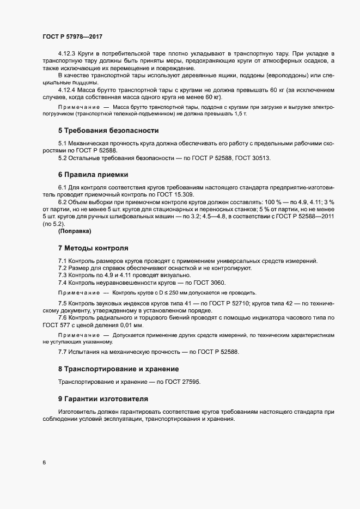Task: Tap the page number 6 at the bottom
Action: [44, 463]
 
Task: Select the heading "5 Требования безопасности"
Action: [108, 131]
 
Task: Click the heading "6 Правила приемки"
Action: [93, 175]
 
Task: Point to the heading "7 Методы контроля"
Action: [93, 248]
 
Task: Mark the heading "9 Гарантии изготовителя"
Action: [103, 398]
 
